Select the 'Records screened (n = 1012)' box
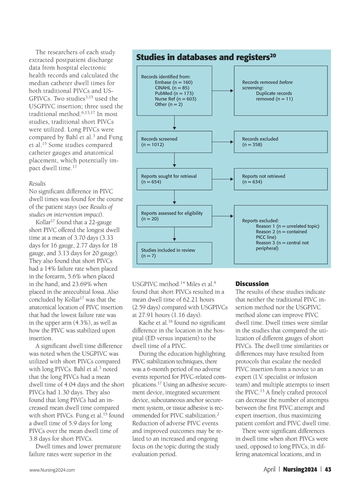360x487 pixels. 174,142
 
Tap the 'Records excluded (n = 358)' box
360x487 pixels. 280,142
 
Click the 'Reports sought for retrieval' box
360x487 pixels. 174,179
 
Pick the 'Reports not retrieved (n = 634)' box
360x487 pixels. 280,179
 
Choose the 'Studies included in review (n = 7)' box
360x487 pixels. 174,253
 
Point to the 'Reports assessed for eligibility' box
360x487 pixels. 174,216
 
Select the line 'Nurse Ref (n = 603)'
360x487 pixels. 175,99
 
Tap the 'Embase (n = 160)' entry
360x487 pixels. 174,82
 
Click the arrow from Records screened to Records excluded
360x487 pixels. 223,142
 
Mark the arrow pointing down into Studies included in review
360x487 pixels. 174,234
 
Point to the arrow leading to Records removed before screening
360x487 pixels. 223,91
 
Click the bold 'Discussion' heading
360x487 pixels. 252,284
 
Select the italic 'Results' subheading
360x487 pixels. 37,184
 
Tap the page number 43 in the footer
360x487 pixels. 328,469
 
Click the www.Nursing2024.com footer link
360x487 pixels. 52,470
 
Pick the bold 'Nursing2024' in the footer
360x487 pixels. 300,469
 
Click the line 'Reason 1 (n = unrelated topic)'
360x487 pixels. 287,226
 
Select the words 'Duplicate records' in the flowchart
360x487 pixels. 274,93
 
